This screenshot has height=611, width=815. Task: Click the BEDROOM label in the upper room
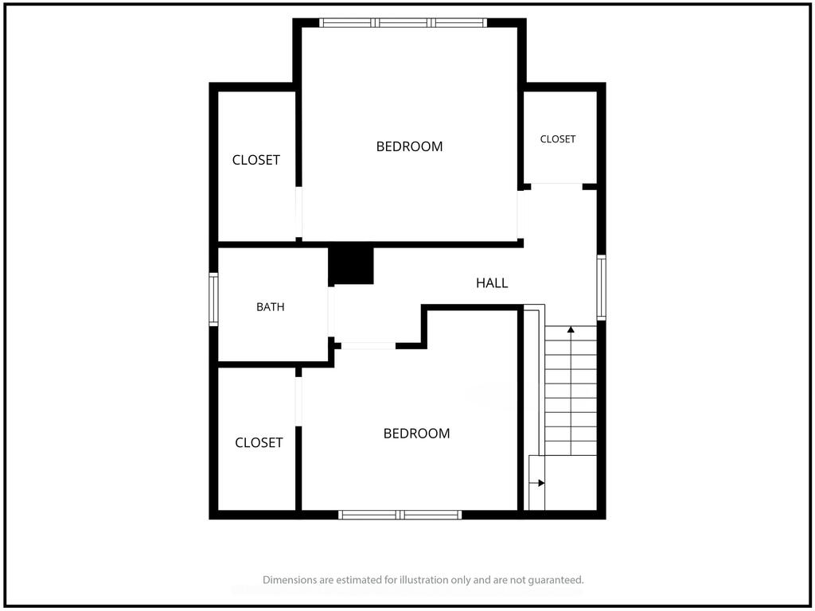pyautogui.click(x=410, y=146)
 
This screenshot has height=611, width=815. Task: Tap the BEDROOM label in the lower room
pyautogui.click(x=416, y=434)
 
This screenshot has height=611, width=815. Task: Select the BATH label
pyautogui.click(x=271, y=307)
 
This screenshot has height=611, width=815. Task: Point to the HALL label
pyautogui.click(x=492, y=282)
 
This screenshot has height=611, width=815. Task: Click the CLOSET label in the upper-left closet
pyautogui.click(x=255, y=160)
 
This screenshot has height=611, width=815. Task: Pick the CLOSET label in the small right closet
pyautogui.click(x=558, y=139)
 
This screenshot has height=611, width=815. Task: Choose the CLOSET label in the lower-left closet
pyautogui.click(x=259, y=442)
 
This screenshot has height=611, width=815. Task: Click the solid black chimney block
pyautogui.click(x=351, y=266)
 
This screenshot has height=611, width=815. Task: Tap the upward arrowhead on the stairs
pyautogui.click(x=571, y=329)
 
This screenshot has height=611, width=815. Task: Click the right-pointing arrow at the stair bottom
pyautogui.click(x=537, y=483)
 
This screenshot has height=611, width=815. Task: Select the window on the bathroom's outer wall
pyautogui.click(x=213, y=299)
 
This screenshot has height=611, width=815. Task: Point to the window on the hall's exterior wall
pyautogui.click(x=601, y=287)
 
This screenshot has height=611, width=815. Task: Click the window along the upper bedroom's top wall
pyautogui.click(x=403, y=22)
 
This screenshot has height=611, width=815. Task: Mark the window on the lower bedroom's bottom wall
pyautogui.click(x=400, y=515)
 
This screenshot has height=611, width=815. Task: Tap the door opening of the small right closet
pyautogui.click(x=556, y=186)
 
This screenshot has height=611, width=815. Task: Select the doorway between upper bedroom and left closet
pyautogui.click(x=299, y=212)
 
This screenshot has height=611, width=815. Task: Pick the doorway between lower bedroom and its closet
pyautogui.click(x=298, y=402)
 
